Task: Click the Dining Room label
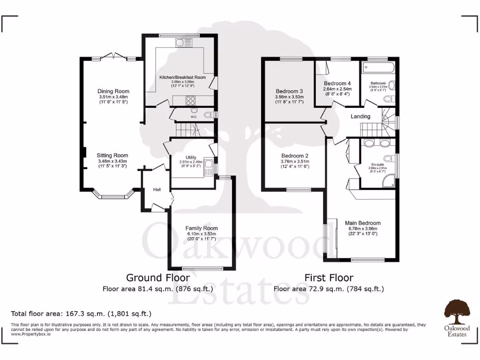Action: (113, 91)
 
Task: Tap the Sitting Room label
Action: (112, 156)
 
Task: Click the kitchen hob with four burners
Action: (191, 100)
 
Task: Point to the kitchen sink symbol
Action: (180, 43)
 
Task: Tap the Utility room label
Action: (191, 157)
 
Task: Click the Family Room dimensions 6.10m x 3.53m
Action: (201, 234)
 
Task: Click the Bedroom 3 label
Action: (289, 91)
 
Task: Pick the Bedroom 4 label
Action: (337, 83)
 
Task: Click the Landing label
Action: (360, 116)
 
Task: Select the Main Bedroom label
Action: (363, 223)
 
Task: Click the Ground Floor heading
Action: (151, 277)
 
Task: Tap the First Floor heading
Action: (329, 277)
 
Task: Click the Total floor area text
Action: (81, 313)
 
